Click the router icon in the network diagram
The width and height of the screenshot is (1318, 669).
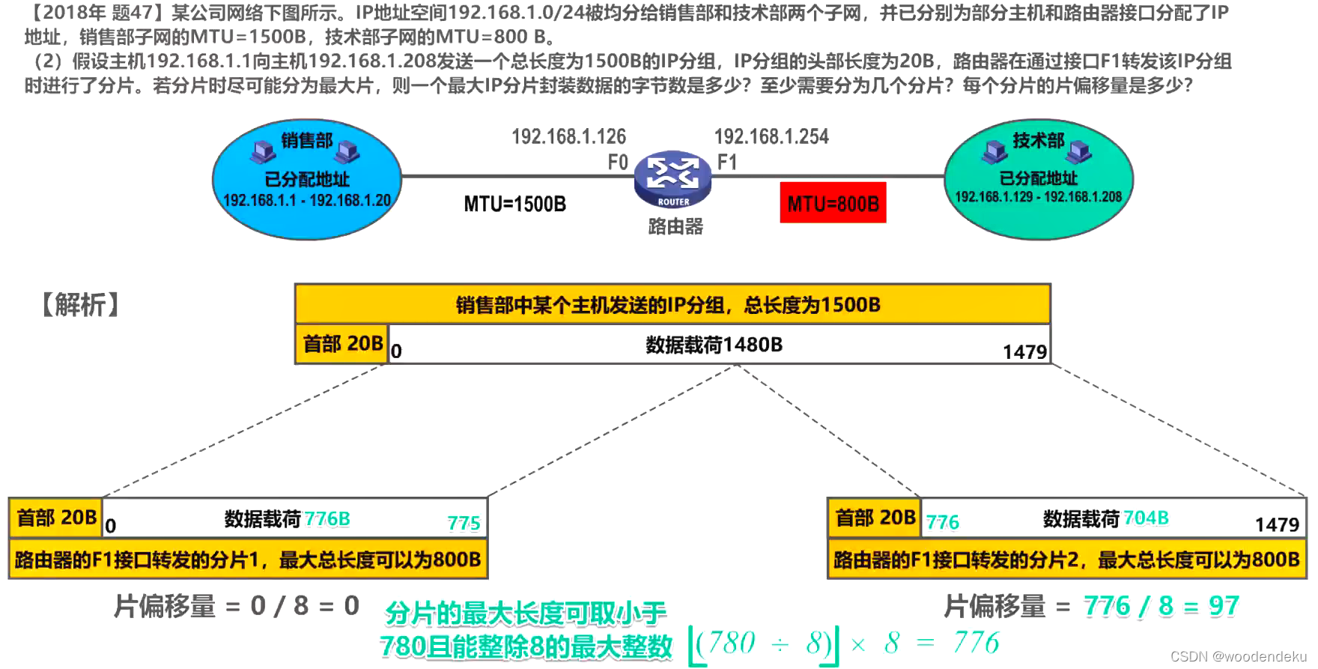click(x=672, y=179)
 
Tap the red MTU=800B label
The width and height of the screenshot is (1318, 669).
click(x=833, y=203)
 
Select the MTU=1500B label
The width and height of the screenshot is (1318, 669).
click(x=514, y=204)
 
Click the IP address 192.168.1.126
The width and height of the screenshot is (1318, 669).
click(x=568, y=136)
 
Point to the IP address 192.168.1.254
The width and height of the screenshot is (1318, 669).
click(x=771, y=136)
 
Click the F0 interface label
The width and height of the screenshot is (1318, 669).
click(x=617, y=162)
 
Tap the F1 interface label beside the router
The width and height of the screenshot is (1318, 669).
click(x=727, y=162)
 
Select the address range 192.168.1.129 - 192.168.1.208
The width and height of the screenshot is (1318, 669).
click(x=1038, y=197)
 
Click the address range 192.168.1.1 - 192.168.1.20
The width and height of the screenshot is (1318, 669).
click(x=307, y=200)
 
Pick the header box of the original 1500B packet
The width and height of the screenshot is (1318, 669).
click(x=342, y=344)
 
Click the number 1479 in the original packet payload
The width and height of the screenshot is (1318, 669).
click(x=1024, y=351)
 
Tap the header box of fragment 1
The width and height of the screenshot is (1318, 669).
click(x=56, y=518)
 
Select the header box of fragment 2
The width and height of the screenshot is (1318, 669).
click(x=875, y=518)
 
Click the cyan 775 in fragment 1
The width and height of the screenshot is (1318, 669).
click(x=464, y=523)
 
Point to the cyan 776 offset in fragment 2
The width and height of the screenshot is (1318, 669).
click(x=942, y=522)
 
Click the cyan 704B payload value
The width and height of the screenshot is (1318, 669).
click(x=1146, y=518)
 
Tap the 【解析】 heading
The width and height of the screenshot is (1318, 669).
click(x=80, y=305)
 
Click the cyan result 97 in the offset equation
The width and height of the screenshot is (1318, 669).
click(x=1224, y=605)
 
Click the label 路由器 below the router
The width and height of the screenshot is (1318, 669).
click(x=675, y=226)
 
